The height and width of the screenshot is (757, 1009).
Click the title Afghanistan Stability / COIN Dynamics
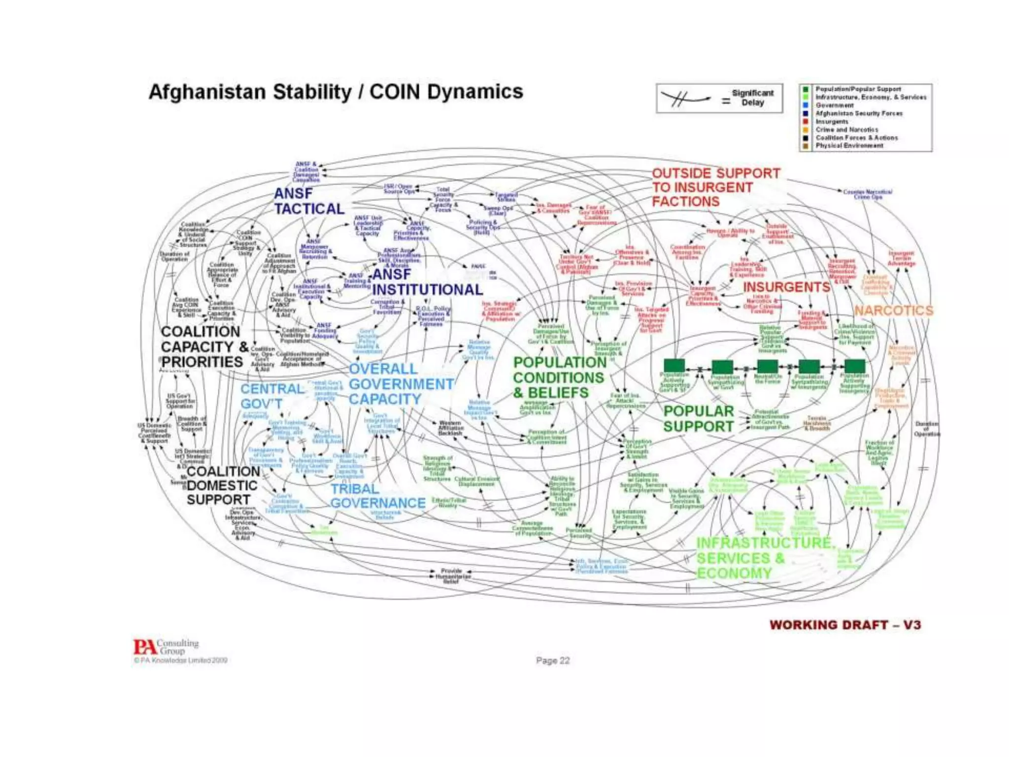pyautogui.click(x=336, y=92)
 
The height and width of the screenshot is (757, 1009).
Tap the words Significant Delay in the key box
pyautogui.click(x=752, y=98)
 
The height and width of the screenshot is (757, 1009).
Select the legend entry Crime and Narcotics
pyautogui.click(x=846, y=130)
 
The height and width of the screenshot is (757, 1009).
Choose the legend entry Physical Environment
pyautogui.click(x=849, y=146)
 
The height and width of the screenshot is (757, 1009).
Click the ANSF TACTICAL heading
pyautogui.click(x=309, y=201)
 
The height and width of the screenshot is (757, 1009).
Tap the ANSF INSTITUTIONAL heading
pyautogui.click(x=427, y=282)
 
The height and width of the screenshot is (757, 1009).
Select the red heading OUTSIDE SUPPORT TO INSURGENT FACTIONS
pyautogui.click(x=716, y=188)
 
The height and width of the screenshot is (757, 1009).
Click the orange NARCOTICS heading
pyautogui.click(x=893, y=310)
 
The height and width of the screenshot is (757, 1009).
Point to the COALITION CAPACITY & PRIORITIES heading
pyautogui.click(x=202, y=346)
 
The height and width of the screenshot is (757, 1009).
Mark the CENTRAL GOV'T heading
pyautogui.click(x=271, y=396)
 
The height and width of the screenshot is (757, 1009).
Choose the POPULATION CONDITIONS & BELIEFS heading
pyautogui.click(x=559, y=378)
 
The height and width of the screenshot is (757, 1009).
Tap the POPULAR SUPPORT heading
pyautogui.click(x=698, y=419)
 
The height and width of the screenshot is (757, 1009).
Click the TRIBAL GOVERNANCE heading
pyautogui.click(x=377, y=496)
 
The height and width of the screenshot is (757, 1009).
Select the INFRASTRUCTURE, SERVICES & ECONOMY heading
pyautogui.click(x=764, y=558)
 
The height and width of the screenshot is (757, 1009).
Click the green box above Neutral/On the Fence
pyautogui.click(x=767, y=366)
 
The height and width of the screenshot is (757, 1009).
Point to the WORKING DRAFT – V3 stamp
pyautogui.click(x=845, y=625)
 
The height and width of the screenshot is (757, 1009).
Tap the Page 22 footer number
pyautogui.click(x=553, y=660)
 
